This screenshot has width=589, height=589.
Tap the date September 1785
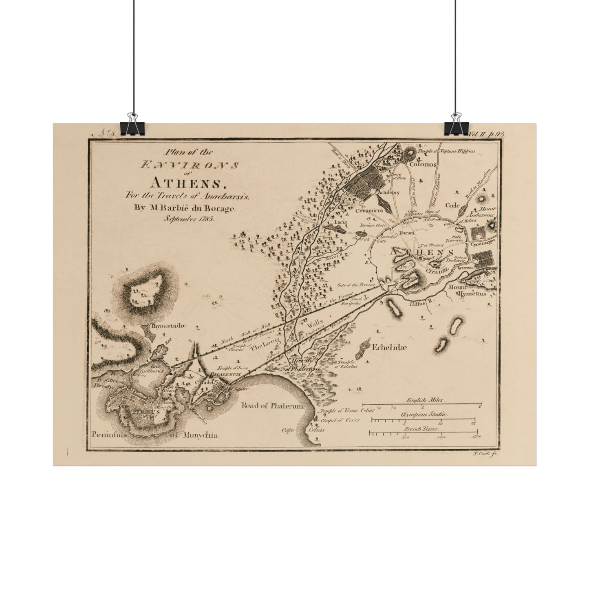(190, 218)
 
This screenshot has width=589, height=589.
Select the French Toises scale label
(423, 429)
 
